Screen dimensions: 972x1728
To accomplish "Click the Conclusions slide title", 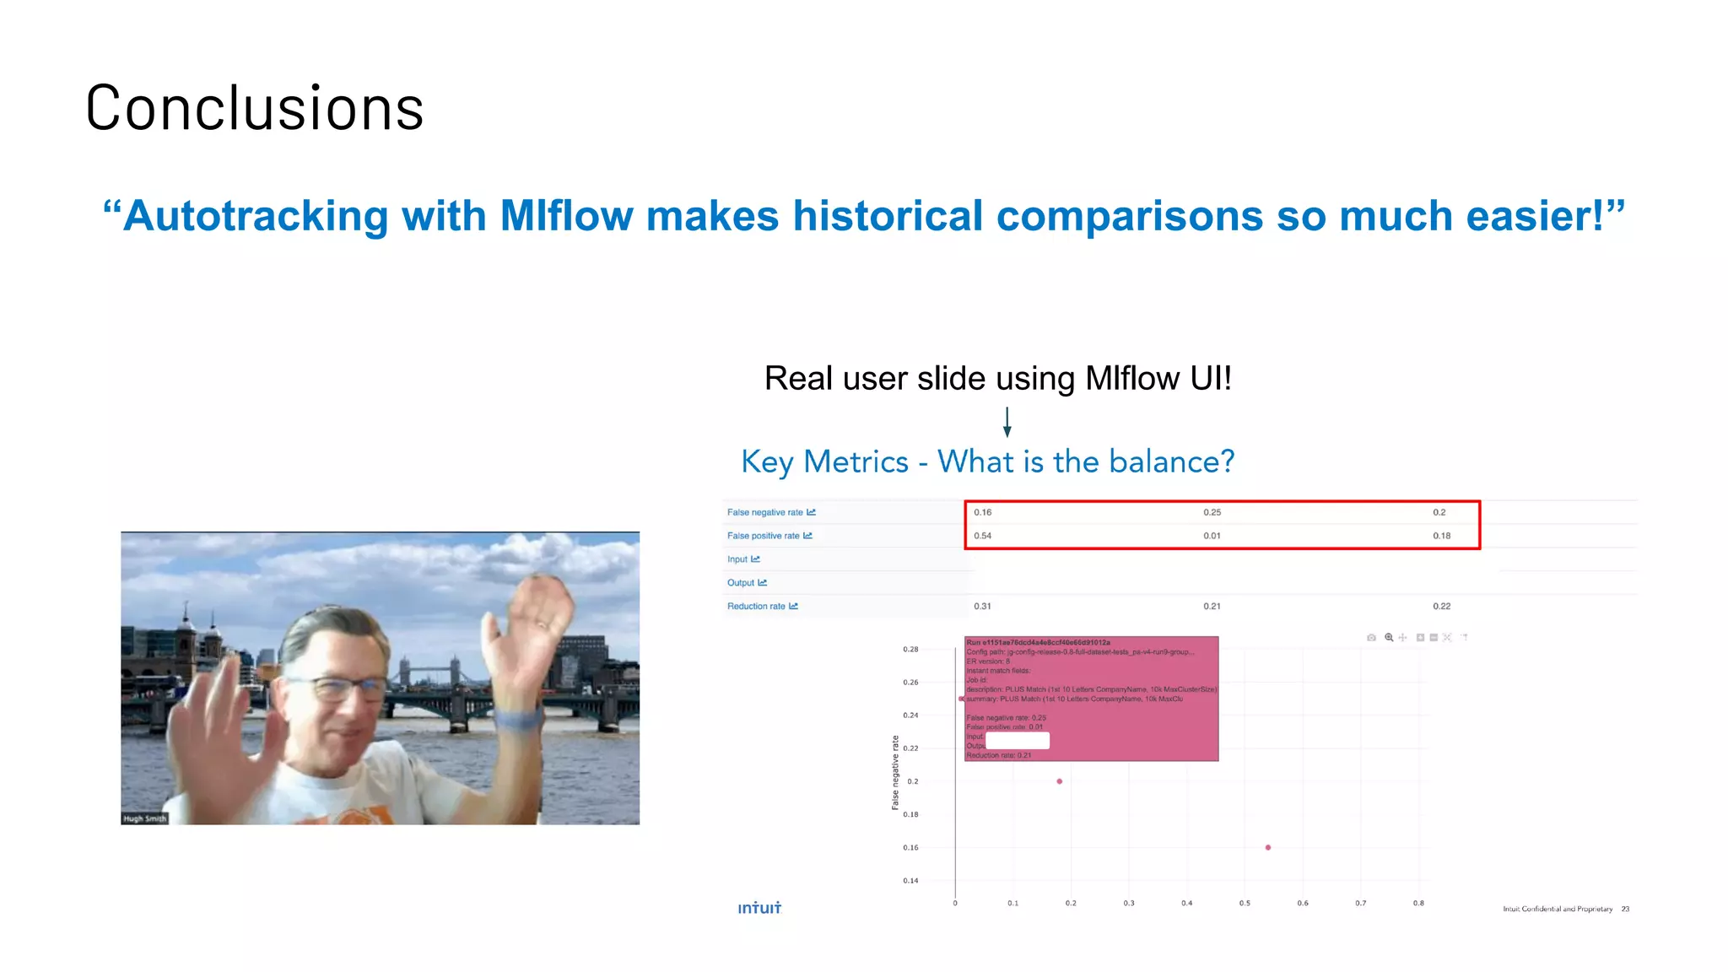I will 254,109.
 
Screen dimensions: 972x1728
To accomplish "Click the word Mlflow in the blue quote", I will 566,216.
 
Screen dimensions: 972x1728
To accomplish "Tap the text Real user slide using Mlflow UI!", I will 997,379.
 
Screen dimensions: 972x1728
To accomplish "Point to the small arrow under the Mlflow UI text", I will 1007,422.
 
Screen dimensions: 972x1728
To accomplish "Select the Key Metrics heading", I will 987,462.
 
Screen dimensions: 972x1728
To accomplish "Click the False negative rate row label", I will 765,512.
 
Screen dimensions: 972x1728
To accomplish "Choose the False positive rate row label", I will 764,536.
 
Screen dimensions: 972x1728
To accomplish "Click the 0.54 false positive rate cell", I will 982,536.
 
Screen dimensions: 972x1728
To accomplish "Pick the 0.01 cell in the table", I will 1212,536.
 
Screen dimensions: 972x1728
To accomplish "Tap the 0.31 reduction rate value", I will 982,607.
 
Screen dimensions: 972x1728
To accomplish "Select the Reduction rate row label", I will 757,607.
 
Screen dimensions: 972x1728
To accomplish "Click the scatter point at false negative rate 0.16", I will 1268,847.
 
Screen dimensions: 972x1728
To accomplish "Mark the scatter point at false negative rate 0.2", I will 1060,781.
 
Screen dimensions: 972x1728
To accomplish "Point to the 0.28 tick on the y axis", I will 910,650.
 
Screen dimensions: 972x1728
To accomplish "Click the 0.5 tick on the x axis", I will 1245,904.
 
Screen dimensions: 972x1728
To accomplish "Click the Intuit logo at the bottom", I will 759,908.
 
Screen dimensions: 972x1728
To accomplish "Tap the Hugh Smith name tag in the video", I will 144,818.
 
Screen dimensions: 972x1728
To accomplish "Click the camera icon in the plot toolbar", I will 1371,638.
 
